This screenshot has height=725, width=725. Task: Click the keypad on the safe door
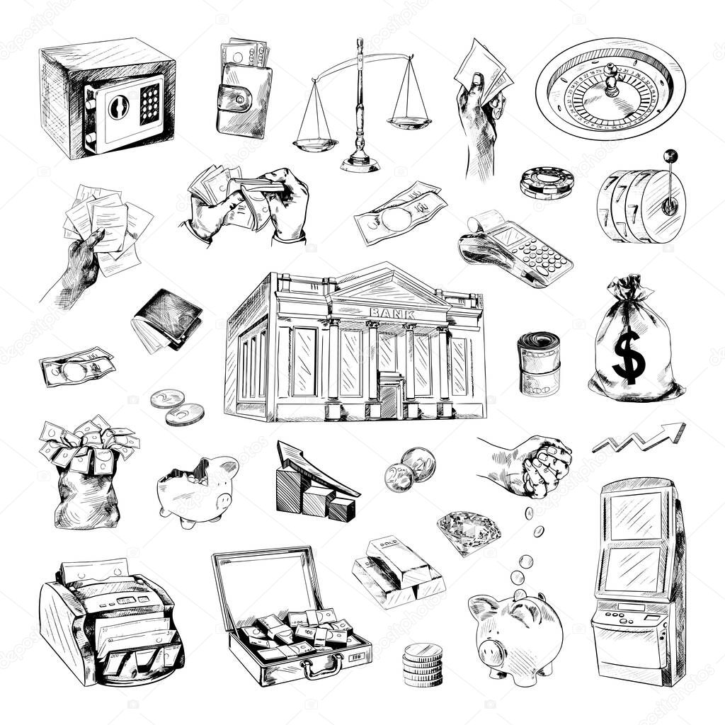pyautogui.click(x=149, y=104)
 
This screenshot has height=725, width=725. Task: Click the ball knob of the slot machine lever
pyautogui.click(x=669, y=155)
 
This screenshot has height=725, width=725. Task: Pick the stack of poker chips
pyautogui.click(x=547, y=183)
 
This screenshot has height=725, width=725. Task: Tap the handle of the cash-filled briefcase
pyautogui.click(x=323, y=666)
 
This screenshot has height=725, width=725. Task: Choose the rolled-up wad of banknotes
pyautogui.click(x=539, y=362)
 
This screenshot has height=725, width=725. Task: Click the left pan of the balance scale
pyautogui.click(x=315, y=144)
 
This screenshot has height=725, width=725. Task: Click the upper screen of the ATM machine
pyautogui.click(x=635, y=515)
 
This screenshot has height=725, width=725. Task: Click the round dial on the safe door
pyautogui.click(x=117, y=107)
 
